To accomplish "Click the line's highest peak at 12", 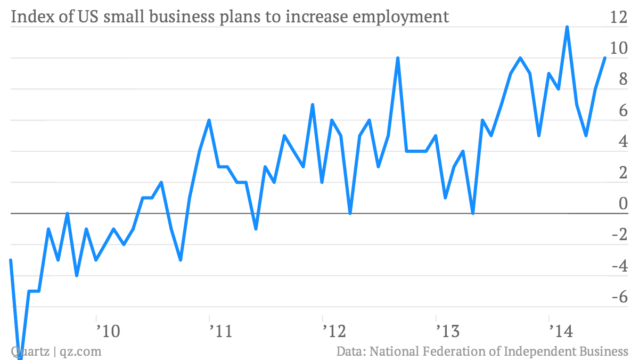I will [567, 27].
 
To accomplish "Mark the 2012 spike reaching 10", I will [398, 58].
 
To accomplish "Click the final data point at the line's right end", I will [605, 58].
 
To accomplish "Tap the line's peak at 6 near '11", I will [209, 120].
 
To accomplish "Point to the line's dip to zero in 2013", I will [473, 213].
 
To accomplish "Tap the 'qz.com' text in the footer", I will [80, 351].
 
